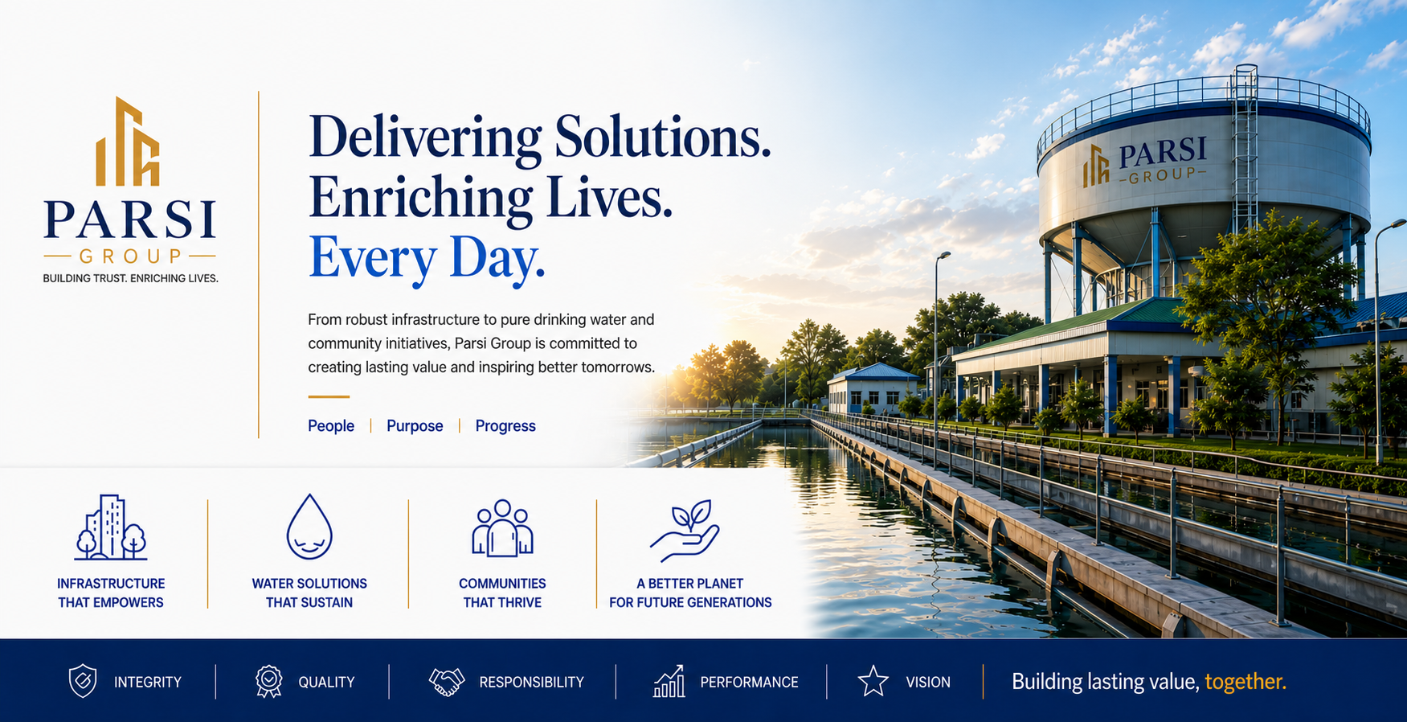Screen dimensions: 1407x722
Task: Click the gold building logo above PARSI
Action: tap(128, 142)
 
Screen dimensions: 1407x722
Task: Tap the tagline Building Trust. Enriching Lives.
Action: tap(130, 279)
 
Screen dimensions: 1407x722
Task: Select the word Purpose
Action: tap(415, 426)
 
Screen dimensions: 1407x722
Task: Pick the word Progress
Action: tap(505, 426)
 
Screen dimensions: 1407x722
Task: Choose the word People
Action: tap(331, 426)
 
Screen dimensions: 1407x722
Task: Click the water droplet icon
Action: tap(309, 527)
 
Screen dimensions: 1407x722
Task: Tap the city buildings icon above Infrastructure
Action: tap(111, 527)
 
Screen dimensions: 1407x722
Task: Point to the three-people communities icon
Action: tap(502, 528)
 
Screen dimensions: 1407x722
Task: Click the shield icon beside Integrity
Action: tap(83, 681)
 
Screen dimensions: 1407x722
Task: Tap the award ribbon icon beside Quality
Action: tap(269, 681)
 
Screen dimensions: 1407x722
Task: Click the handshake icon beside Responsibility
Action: tap(447, 682)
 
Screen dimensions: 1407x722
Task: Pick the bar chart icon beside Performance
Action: tap(669, 681)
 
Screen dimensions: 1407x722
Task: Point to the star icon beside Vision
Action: tap(873, 681)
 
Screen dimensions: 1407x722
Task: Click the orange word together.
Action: tap(1245, 682)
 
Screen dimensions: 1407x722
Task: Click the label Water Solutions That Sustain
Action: tap(309, 593)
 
